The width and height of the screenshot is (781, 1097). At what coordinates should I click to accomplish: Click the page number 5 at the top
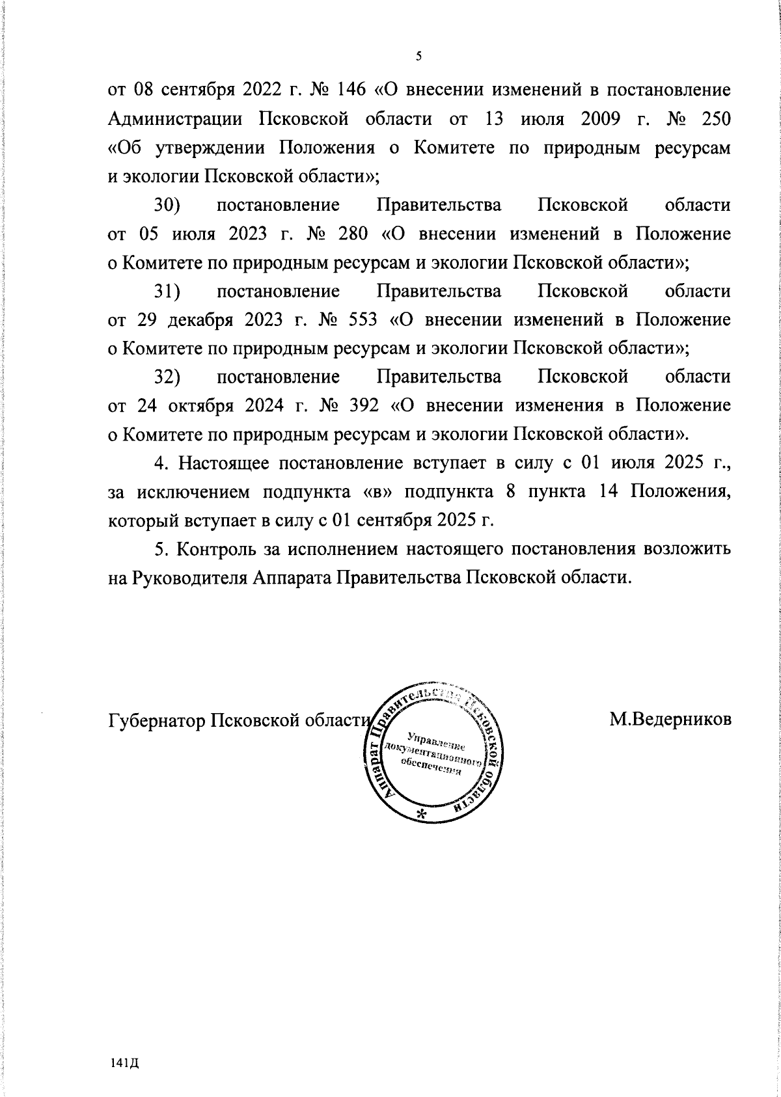419,57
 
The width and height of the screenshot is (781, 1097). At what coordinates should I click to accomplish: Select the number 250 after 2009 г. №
715,119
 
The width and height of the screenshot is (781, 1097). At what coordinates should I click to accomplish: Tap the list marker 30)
167,206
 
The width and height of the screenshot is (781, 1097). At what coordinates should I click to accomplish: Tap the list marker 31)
167,291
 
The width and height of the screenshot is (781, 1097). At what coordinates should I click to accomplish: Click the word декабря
202,320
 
